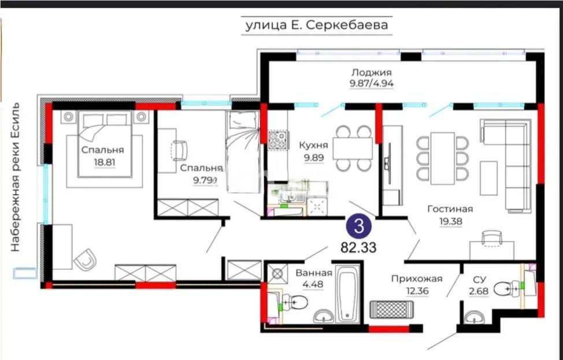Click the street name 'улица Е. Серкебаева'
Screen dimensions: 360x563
[317, 25]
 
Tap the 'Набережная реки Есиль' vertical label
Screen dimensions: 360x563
[16, 176]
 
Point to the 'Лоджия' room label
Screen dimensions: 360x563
[371, 73]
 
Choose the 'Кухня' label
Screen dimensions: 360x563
[314, 145]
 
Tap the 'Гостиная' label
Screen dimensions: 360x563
[450, 209]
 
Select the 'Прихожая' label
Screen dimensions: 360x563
[416, 279]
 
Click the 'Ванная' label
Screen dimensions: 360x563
[313, 273]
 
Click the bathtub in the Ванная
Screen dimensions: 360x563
[349, 294]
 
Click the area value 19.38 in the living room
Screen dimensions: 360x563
[450, 220]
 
